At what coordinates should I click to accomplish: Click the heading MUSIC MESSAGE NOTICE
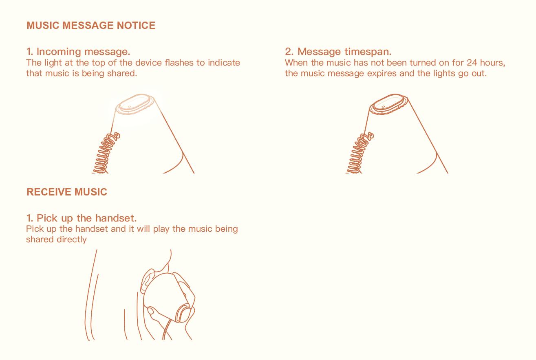click(x=91, y=25)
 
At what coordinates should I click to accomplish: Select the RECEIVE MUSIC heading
click(x=67, y=192)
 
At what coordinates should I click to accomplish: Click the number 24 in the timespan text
click(x=472, y=63)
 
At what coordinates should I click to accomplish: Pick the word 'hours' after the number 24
click(x=492, y=63)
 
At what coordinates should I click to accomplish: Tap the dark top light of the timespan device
click(x=388, y=104)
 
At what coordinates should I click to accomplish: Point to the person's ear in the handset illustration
click(x=147, y=281)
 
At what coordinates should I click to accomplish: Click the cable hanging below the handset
click(x=166, y=329)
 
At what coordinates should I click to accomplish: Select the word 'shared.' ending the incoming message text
click(x=122, y=73)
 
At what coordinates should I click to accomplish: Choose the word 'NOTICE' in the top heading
click(x=136, y=25)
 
